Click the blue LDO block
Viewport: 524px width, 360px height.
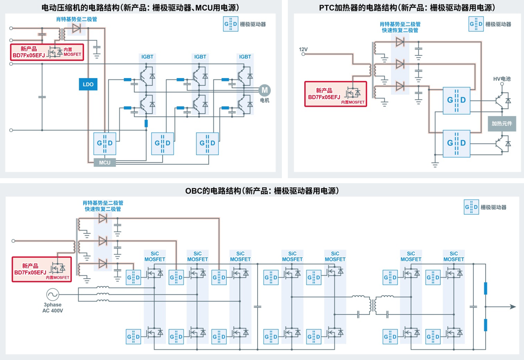pyautogui.click(x=88, y=84)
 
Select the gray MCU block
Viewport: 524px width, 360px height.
pyautogui.click(x=105, y=162)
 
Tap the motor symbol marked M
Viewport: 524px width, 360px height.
pyautogui.click(x=264, y=91)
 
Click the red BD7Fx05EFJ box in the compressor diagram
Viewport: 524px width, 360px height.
pyautogui.click(x=37, y=53)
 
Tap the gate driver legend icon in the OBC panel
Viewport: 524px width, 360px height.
pyautogui.click(x=471, y=207)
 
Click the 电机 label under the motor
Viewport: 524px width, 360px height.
pyautogui.click(x=265, y=100)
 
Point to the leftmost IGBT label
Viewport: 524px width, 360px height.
pyautogui.click(x=147, y=57)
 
